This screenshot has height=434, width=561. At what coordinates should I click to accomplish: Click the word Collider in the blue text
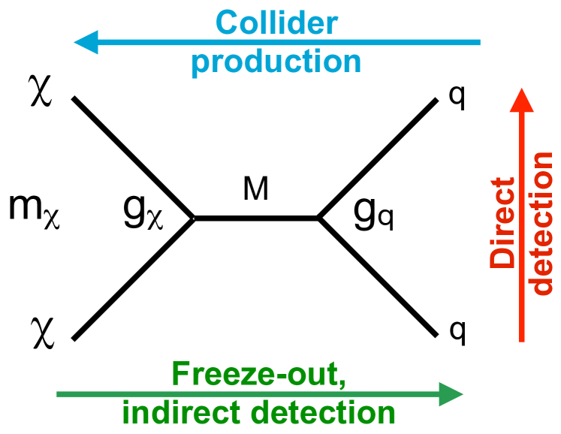(276, 23)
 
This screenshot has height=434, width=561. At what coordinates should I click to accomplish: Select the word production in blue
(276, 60)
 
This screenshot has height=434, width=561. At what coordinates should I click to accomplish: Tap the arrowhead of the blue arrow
(86, 42)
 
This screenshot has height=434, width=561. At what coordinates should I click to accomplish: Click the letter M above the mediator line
(255, 191)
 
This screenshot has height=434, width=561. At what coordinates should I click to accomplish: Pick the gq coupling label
(373, 215)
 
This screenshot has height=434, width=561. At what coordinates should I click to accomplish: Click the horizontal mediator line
(257, 219)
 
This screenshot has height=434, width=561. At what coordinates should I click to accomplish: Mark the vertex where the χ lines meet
(195, 219)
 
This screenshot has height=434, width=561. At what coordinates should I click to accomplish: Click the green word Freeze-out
(258, 375)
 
